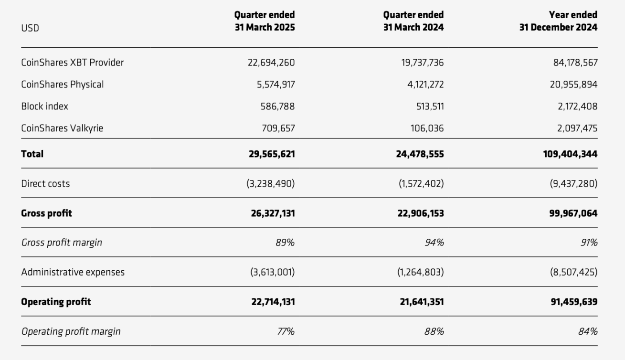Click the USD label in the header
30,28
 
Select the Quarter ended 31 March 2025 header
265,21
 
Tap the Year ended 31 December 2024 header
558,21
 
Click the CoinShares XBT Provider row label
72,62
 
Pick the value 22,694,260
271,62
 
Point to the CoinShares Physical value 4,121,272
422,85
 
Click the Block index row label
44,106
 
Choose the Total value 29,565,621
271,154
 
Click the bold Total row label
32,154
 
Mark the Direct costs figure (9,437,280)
573,183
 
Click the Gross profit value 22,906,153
420,213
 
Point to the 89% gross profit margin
285,243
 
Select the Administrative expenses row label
73,272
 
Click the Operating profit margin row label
71,331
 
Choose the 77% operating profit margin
285,331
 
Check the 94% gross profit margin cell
434,243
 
